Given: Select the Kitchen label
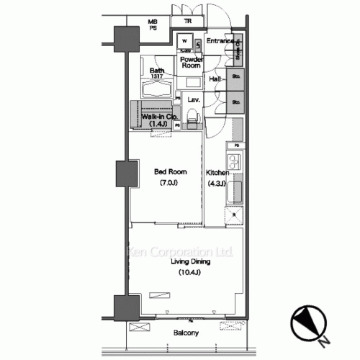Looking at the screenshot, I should pos(217,174).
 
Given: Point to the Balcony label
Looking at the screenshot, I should pos(186,333).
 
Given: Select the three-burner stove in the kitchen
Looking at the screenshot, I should pos(235,160).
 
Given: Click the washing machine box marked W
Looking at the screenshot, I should pos(185,41).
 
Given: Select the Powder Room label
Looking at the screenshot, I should pos(190,61).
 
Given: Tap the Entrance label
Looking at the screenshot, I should pos(220,41).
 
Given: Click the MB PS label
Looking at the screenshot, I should pos(153,26).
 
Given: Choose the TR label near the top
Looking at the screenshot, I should pos(187,22).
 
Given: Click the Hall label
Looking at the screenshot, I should pos(214,78).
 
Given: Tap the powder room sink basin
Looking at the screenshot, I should pos(198,43).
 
